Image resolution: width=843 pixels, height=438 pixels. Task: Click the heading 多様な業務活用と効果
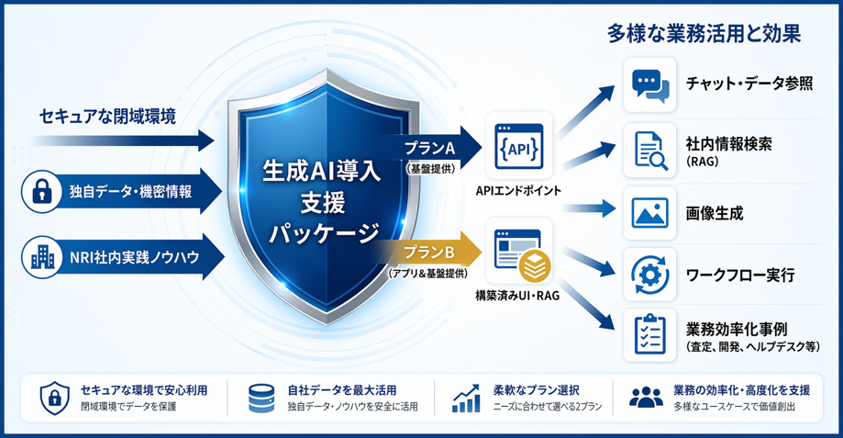704,34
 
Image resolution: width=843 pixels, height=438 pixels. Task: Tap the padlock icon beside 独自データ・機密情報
42,192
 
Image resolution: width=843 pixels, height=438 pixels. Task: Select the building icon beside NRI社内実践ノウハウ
42,257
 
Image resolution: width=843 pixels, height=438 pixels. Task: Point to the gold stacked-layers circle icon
535,266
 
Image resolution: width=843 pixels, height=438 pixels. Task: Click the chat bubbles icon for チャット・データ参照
650,85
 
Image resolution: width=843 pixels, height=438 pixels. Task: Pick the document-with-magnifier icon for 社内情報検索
650,151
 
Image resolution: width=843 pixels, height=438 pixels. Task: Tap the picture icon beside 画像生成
650,213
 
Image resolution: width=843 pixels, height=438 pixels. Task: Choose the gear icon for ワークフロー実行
650,275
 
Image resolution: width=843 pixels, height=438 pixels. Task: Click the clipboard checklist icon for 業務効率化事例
650,334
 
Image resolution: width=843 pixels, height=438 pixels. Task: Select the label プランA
430,148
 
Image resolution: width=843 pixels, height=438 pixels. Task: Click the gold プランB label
428,252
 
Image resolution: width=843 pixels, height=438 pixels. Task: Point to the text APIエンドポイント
518,190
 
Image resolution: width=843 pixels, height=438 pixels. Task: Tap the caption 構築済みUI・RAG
517,296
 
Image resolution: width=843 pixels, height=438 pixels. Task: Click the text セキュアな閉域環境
107,117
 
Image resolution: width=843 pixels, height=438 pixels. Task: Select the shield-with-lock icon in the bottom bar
55,399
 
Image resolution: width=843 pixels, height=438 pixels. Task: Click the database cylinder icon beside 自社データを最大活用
261,399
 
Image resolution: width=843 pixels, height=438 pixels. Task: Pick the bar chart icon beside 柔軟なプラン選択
466,399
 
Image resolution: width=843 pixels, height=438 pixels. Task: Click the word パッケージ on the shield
324,234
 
